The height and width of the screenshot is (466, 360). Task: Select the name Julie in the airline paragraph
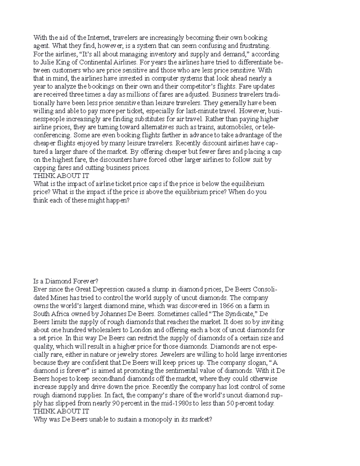(x=46, y=62)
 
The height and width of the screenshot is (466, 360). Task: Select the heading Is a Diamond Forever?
(x=66, y=281)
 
